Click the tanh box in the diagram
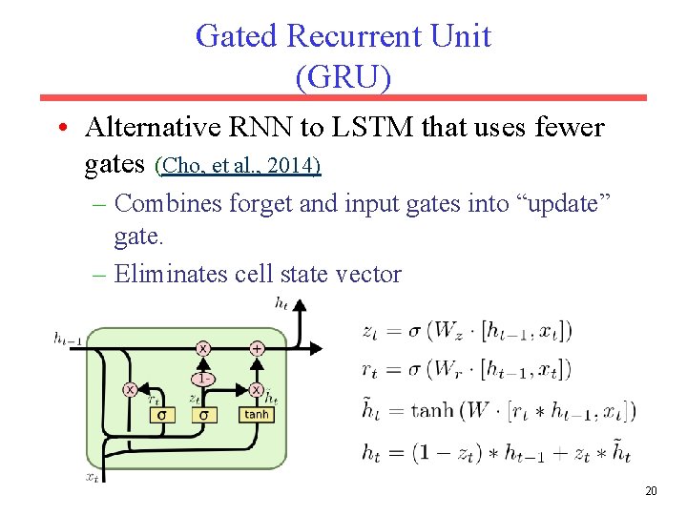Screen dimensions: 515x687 click(257, 415)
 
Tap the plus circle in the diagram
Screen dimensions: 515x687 click(257, 349)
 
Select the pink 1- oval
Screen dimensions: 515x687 click(202, 378)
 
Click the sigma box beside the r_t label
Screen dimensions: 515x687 click(161, 415)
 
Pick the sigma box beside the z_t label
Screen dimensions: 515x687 click(202, 415)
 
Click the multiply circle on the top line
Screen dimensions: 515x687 click(202, 349)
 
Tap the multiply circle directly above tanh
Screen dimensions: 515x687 click(257, 389)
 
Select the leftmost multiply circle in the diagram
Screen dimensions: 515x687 click(130, 389)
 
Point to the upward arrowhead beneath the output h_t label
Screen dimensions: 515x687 click(301, 307)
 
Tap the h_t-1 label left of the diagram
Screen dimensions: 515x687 click(67, 337)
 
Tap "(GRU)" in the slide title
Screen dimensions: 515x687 click(343, 77)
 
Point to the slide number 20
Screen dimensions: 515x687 click(652, 491)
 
